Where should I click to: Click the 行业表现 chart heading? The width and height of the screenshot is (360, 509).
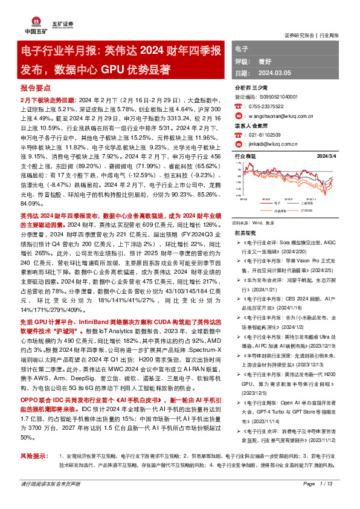click(x=245, y=156)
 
